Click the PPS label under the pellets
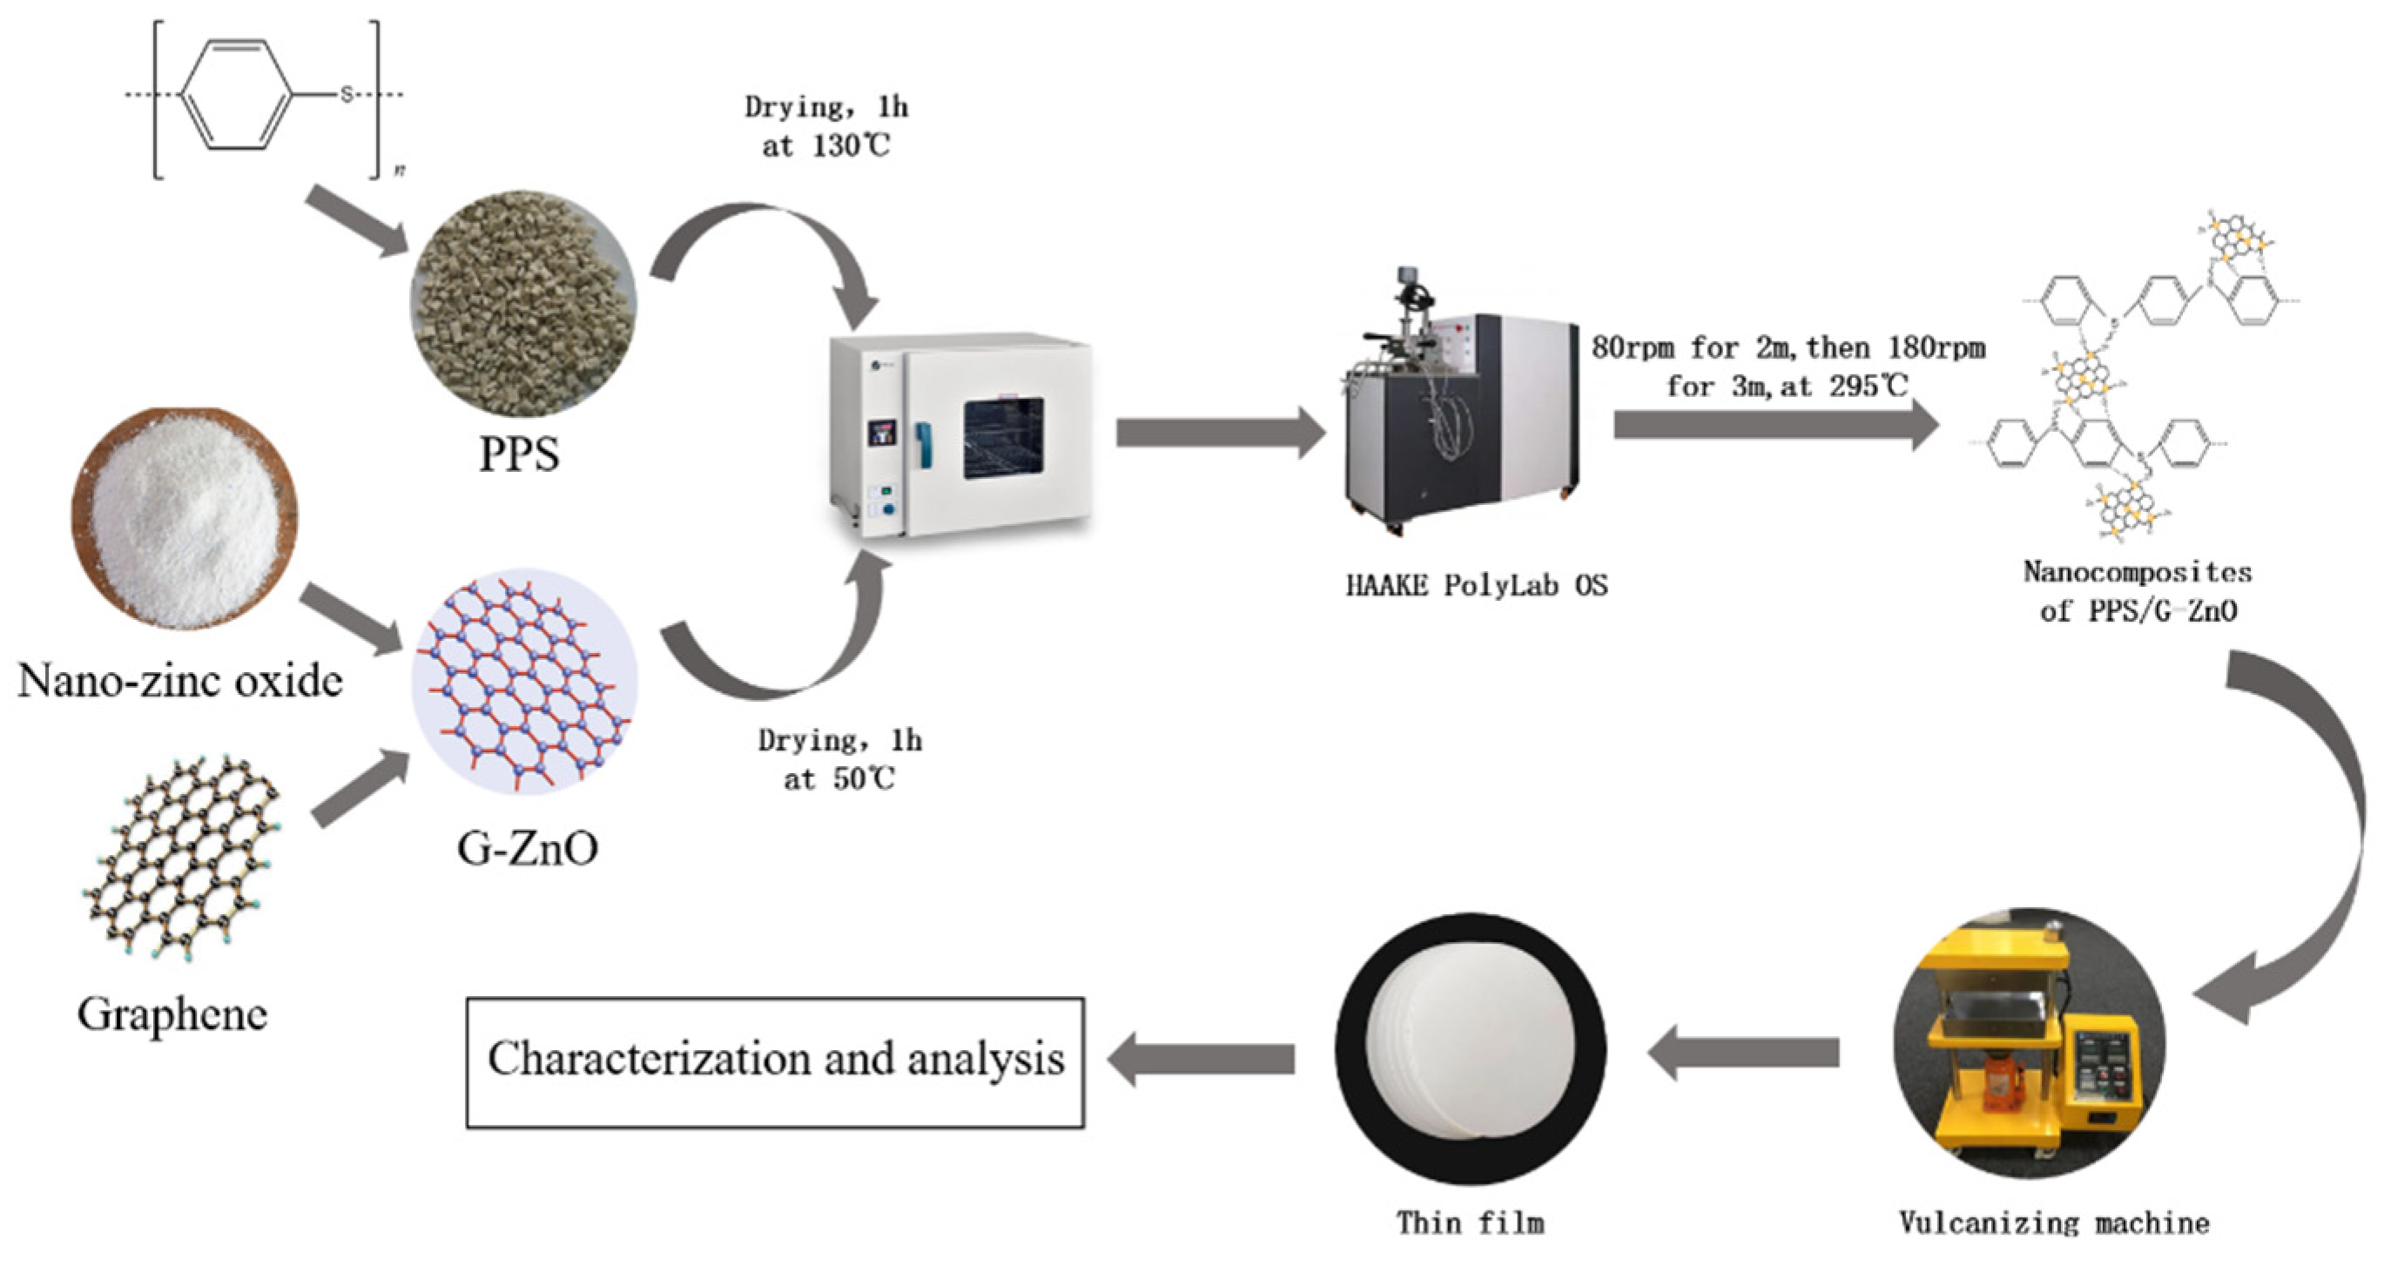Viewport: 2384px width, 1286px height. pyautogui.click(x=519, y=454)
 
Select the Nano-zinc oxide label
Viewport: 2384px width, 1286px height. pyautogui.click(x=180, y=682)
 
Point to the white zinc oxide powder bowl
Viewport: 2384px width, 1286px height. pyautogui.click(x=185, y=518)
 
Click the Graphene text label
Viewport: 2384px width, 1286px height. pyautogui.click(x=173, y=1015)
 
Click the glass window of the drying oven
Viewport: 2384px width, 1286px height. pyautogui.click(x=1003, y=439)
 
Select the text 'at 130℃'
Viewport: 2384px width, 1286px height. pyautogui.click(x=825, y=146)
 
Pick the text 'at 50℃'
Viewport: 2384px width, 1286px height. pyautogui.click(x=838, y=779)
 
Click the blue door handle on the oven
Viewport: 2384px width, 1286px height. pyautogui.click(x=923, y=444)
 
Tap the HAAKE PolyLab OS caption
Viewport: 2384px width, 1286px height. pyautogui.click(x=1476, y=586)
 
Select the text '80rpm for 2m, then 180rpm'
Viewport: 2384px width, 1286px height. pyautogui.click(x=1788, y=348)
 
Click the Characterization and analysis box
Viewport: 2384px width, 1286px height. pyautogui.click(x=776, y=1062)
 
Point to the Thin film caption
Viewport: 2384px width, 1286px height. pyautogui.click(x=1471, y=1223)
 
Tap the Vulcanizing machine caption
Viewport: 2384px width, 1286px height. pyautogui.click(x=2054, y=1223)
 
